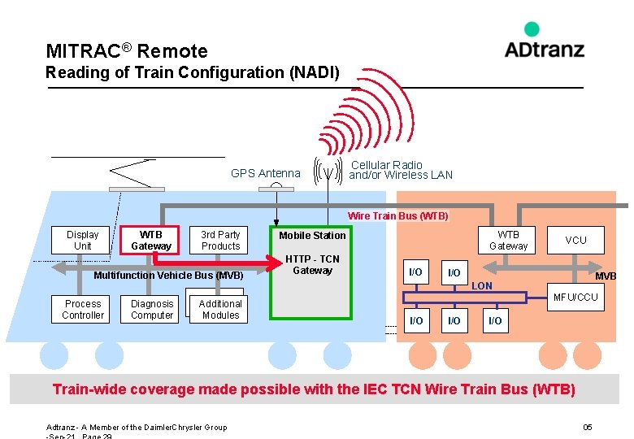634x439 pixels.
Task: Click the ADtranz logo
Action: tap(544, 41)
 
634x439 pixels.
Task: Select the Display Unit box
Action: tap(82, 240)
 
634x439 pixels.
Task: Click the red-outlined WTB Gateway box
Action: tap(151, 240)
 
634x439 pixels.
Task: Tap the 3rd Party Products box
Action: tap(220, 240)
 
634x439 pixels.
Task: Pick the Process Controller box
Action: tap(83, 309)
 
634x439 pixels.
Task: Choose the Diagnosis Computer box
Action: tap(152, 309)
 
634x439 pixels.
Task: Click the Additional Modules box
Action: tap(220, 309)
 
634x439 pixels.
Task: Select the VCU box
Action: tap(575, 240)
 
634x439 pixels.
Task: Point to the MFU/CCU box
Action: tap(575, 298)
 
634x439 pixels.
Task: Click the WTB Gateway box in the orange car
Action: tap(508, 240)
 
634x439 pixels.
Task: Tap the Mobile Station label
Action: tap(312, 236)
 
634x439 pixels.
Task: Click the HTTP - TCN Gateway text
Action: tap(312, 265)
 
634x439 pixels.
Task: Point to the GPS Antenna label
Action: tap(265, 173)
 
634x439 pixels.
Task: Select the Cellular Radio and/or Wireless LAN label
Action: tap(400, 170)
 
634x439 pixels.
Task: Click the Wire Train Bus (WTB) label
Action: tap(397, 216)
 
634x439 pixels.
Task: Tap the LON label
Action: tap(482, 286)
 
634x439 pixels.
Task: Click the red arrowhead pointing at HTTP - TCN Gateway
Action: tap(269, 263)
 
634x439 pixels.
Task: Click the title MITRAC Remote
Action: tap(127, 51)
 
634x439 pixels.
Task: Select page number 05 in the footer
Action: tap(588, 428)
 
